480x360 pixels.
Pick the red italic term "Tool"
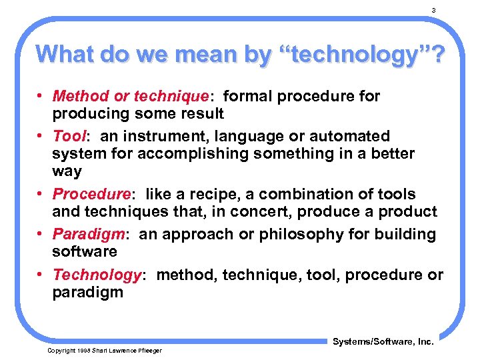pos(69,137)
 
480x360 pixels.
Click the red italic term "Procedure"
pos(91,195)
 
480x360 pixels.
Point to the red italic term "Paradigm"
pos(89,234)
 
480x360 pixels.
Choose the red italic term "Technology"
pos(96,275)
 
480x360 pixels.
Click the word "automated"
pos(349,137)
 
